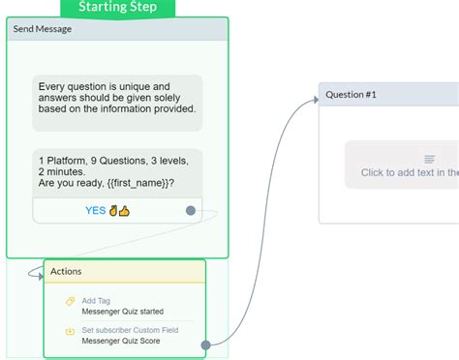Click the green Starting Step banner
[120, 8]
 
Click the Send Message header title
[42, 29]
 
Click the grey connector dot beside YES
[191, 210]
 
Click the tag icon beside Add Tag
[70, 301]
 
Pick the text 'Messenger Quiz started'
[123, 312]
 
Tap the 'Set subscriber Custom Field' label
[137, 331]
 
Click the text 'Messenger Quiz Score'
[121, 342]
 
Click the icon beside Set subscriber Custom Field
[70, 332]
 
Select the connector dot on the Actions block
[205, 344]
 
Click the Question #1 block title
[352, 95]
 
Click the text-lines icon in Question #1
[430, 159]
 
